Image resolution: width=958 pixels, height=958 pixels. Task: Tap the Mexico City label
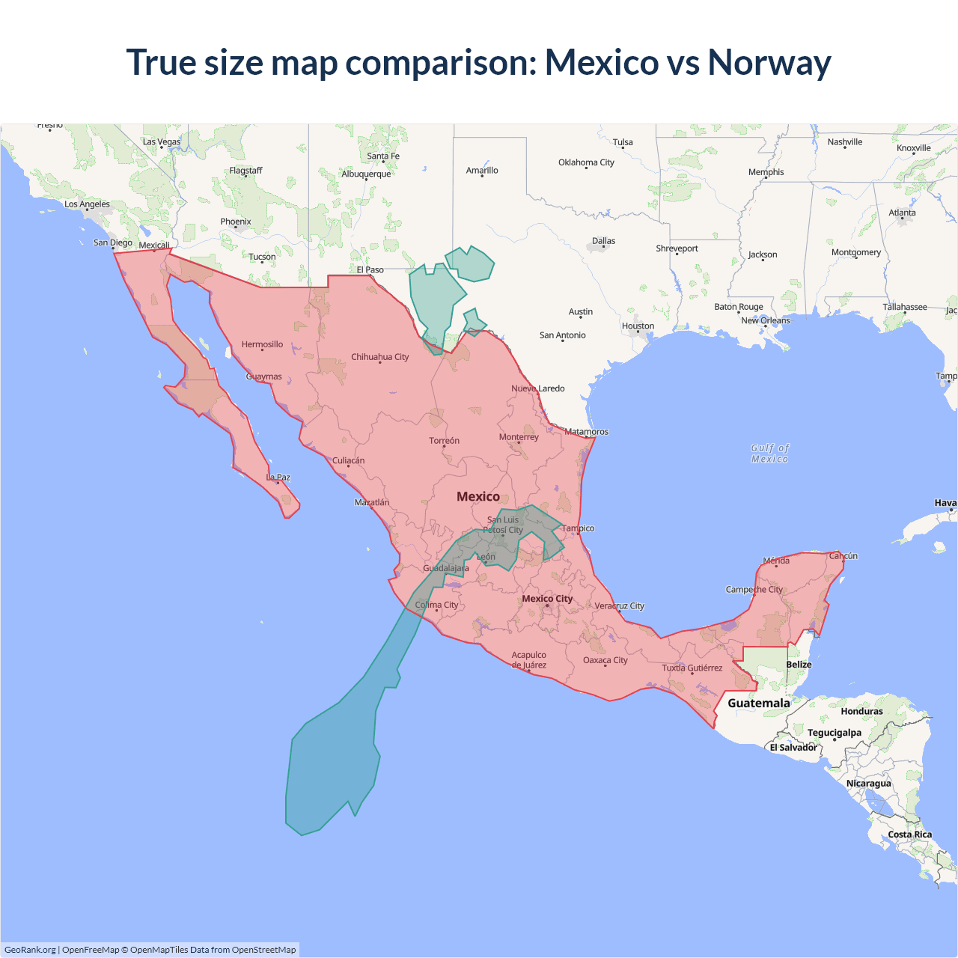coord(547,599)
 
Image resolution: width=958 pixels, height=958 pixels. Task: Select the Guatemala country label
coord(758,703)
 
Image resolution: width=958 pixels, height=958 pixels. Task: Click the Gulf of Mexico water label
coord(770,454)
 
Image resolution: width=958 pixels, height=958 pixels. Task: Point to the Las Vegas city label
coord(162,141)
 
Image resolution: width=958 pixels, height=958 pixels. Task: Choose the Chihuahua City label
coord(380,357)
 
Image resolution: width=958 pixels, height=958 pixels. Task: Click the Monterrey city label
coord(519,437)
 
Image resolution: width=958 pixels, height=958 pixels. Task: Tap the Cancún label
coord(843,556)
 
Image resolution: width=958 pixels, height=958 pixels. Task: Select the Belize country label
coord(799,665)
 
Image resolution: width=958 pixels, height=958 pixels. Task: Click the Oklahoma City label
coord(586,162)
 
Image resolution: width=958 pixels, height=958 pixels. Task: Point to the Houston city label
coord(638,326)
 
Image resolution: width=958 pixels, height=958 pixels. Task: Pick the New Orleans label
coord(765,320)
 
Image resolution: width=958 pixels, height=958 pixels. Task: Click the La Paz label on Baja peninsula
coord(278,478)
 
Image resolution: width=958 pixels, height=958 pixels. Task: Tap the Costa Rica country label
coord(910,835)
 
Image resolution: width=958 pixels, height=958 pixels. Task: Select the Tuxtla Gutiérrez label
coord(692,668)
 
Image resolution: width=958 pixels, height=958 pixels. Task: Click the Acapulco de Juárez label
coord(529,660)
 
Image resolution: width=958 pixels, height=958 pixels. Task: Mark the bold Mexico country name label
coord(478,497)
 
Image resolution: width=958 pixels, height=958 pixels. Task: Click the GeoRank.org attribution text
coord(30,950)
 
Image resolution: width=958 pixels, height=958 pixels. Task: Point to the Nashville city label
coord(845,142)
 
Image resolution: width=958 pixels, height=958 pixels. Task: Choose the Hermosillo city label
coord(262,345)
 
